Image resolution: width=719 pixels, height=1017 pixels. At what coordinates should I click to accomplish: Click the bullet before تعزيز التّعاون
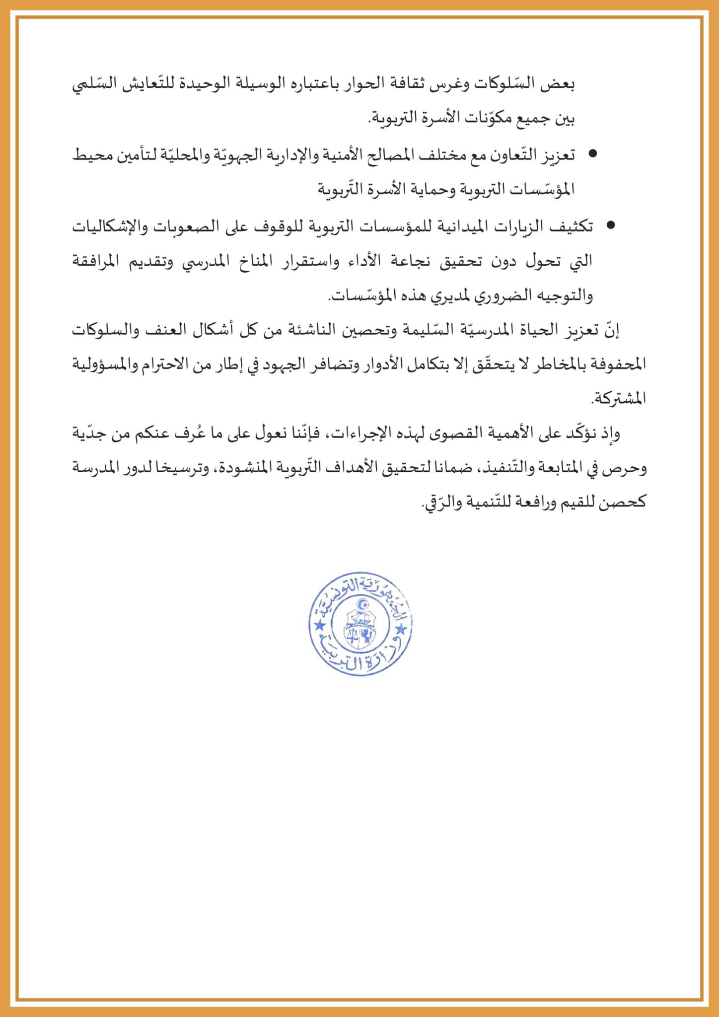click(592, 154)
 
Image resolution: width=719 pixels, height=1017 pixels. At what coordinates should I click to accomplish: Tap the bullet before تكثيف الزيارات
click(611, 225)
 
